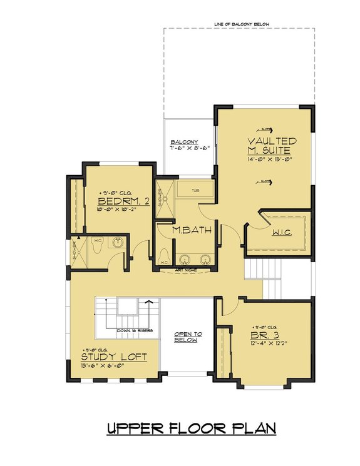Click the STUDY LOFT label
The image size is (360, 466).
(114, 357)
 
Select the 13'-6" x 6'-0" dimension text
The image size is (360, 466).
(114, 367)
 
